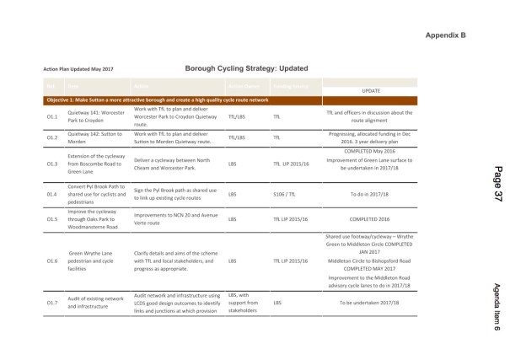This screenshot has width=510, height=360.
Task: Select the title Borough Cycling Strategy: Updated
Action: click(244, 68)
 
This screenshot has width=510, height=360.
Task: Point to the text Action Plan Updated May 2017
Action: click(79, 70)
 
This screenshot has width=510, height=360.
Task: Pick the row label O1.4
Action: click(51, 194)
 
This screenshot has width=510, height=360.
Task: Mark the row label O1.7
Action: click(51, 302)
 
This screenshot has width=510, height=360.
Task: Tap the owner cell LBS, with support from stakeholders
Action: click(244, 302)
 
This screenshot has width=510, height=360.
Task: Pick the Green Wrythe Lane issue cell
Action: click(95, 261)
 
